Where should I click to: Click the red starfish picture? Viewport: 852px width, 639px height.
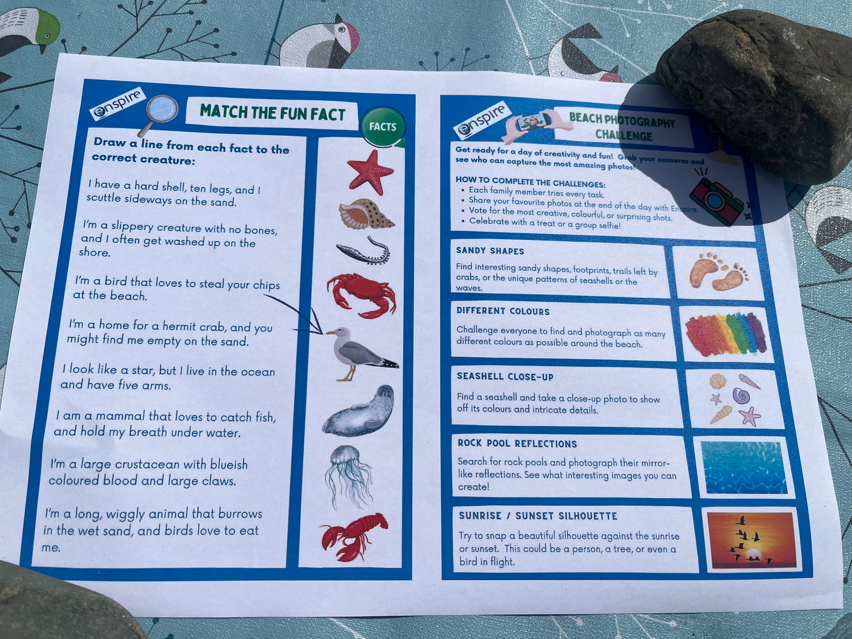[x=370, y=172]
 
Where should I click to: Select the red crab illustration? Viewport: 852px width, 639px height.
[x=361, y=294]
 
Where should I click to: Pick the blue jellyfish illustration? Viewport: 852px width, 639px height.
[x=348, y=475]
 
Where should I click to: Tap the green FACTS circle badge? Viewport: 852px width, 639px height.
[x=383, y=127]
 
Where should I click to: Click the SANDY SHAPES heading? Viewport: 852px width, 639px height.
[x=490, y=251]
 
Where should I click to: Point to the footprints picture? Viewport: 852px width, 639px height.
[x=718, y=272]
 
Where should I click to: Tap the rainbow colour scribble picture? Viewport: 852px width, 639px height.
[x=725, y=334]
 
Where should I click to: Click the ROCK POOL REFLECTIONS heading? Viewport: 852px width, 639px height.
[x=517, y=444]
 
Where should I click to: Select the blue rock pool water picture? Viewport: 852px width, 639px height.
[x=744, y=467]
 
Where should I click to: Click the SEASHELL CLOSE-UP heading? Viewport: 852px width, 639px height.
[x=505, y=377]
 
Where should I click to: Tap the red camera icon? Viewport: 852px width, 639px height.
[x=717, y=201]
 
